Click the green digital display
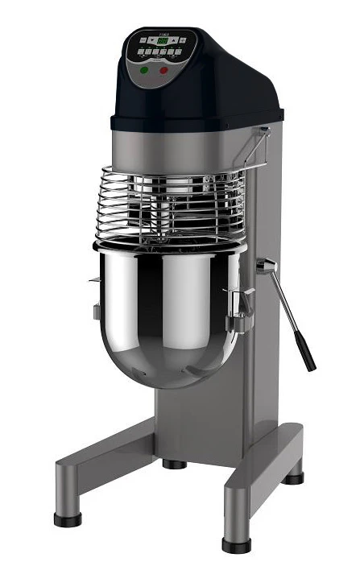point(162,39)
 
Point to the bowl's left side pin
point(93,282)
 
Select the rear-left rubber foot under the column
point(172,464)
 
